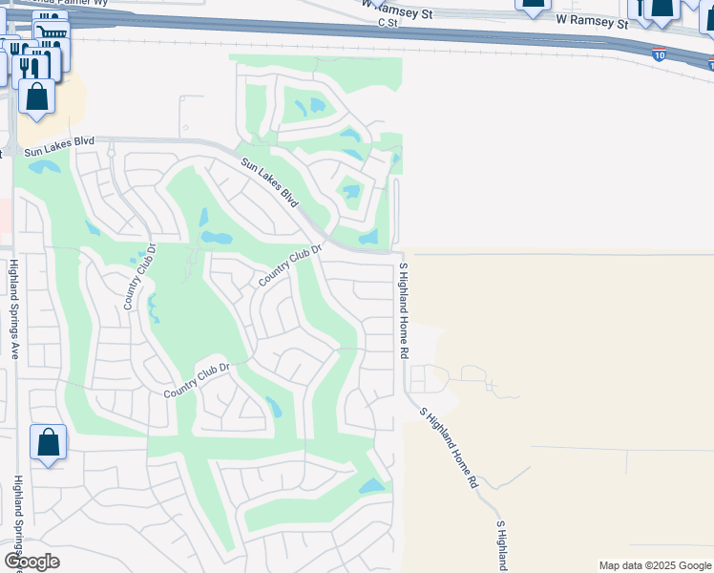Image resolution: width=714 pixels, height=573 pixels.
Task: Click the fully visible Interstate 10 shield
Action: (660, 55)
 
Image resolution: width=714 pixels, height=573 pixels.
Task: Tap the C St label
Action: (387, 22)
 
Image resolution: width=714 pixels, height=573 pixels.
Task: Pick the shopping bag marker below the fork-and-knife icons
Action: (36, 96)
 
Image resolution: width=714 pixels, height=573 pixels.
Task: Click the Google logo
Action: (31, 562)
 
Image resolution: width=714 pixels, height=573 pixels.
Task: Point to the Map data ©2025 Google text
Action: (655, 565)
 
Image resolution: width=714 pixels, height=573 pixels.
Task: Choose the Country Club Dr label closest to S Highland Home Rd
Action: (291, 265)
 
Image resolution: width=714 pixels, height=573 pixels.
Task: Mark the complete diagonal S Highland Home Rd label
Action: (449, 448)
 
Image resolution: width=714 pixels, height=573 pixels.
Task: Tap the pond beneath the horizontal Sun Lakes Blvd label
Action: (44, 168)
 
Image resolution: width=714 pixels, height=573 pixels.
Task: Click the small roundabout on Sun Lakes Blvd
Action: (111, 152)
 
